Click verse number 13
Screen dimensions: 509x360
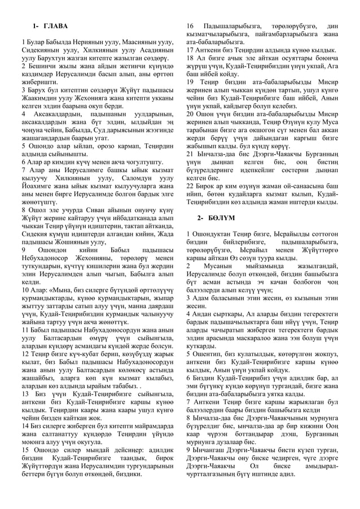[x=24, y=393]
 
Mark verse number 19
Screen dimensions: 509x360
[x=190, y=82]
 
